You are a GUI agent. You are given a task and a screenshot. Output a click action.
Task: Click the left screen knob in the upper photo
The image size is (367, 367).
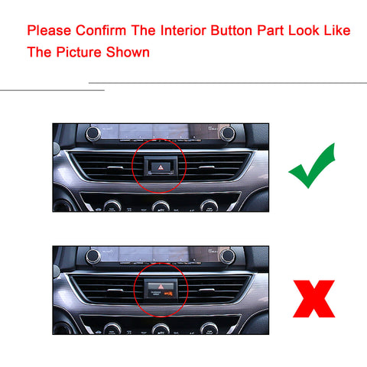tap(93, 133)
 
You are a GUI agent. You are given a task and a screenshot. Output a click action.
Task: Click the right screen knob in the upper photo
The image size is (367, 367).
tap(227, 133)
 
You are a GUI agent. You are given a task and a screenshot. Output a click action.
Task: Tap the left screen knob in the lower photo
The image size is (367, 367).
tap(93, 255)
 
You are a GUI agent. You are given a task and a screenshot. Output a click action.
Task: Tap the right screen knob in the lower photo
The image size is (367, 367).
tap(227, 255)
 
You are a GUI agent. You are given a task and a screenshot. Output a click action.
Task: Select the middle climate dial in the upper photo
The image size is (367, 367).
tap(161, 206)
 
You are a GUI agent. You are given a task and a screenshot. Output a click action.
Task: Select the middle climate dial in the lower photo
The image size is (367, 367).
tap(161, 329)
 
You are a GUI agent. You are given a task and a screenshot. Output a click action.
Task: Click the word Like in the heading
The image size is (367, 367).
tap(336, 31)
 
